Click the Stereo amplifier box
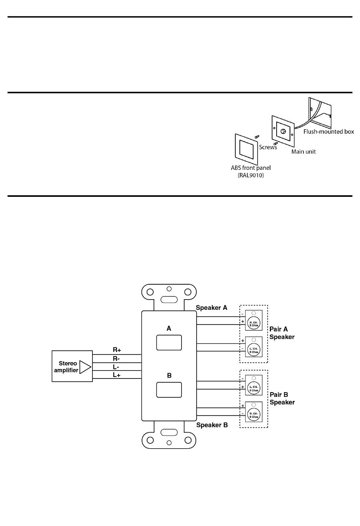(x=72, y=366)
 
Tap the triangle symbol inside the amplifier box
(x=85, y=367)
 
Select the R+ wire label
(x=117, y=350)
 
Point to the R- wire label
(x=116, y=358)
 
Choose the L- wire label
(x=116, y=367)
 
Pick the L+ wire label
(x=116, y=375)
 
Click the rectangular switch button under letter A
(x=169, y=342)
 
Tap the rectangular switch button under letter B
(x=169, y=390)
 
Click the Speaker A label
(x=211, y=308)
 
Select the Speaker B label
(x=212, y=425)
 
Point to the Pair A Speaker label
(x=282, y=333)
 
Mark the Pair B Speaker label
(x=282, y=399)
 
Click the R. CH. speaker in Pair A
(x=254, y=324)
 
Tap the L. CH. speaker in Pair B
(x=254, y=388)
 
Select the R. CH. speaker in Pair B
(x=254, y=415)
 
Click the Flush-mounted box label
(x=329, y=132)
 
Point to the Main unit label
(x=303, y=152)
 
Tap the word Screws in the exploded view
(x=268, y=147)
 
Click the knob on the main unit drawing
(x=283, y=131)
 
